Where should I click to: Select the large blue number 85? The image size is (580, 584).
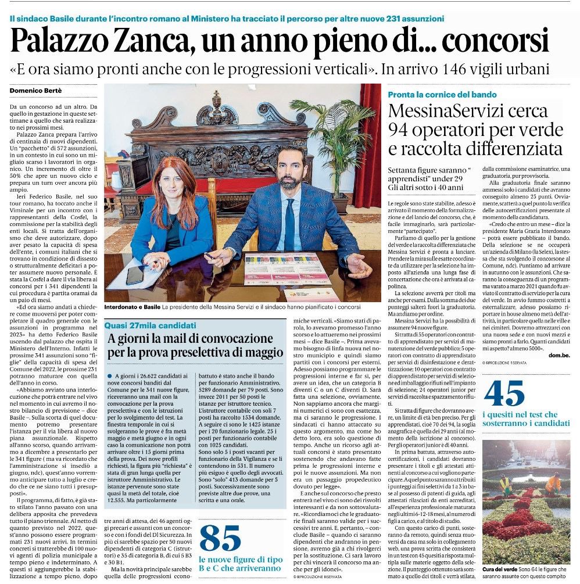pos(220,538)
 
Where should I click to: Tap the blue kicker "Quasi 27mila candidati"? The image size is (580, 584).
pos(150,325)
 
